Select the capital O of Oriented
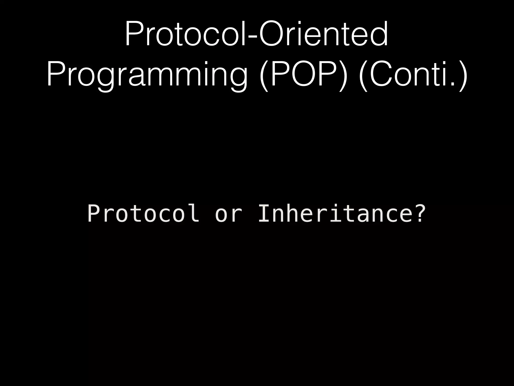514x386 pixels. click(272, 34)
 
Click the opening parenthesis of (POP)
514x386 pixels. click(264, 75)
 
